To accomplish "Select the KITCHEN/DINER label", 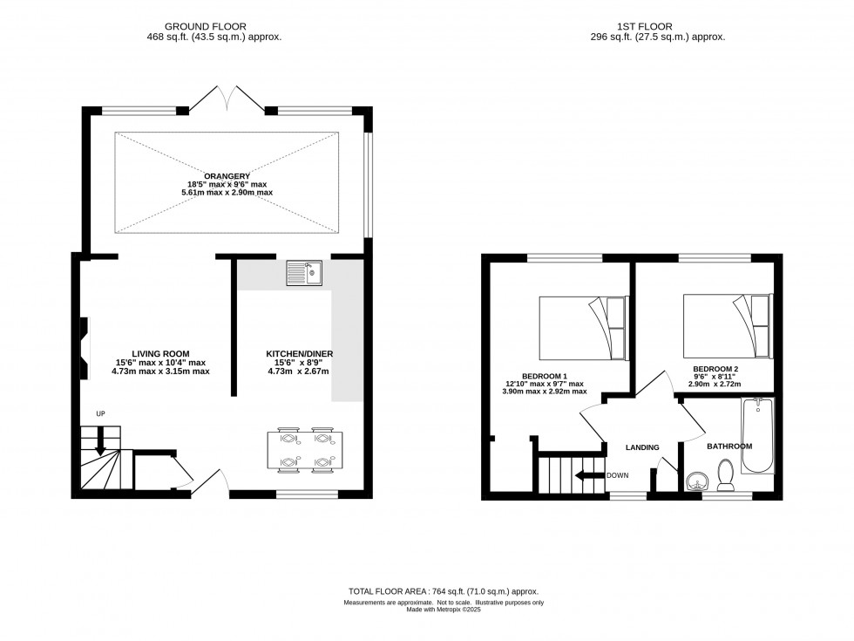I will [x=299, y=353].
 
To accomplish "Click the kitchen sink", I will [x=306, y=272].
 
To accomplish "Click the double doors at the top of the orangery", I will [x=226, y=98].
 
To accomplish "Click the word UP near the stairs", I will [x=101, y=413].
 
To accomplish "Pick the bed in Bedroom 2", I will [x=727, y=324].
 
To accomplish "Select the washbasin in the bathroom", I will [x=696, y=481].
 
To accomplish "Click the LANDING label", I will [x=642, y=447].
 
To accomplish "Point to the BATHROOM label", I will [x=729, y=447].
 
